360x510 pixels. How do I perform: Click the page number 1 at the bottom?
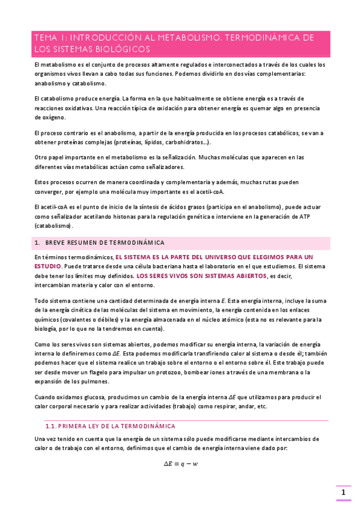[343, 493]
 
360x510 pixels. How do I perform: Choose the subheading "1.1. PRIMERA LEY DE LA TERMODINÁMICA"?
[106, 426]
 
